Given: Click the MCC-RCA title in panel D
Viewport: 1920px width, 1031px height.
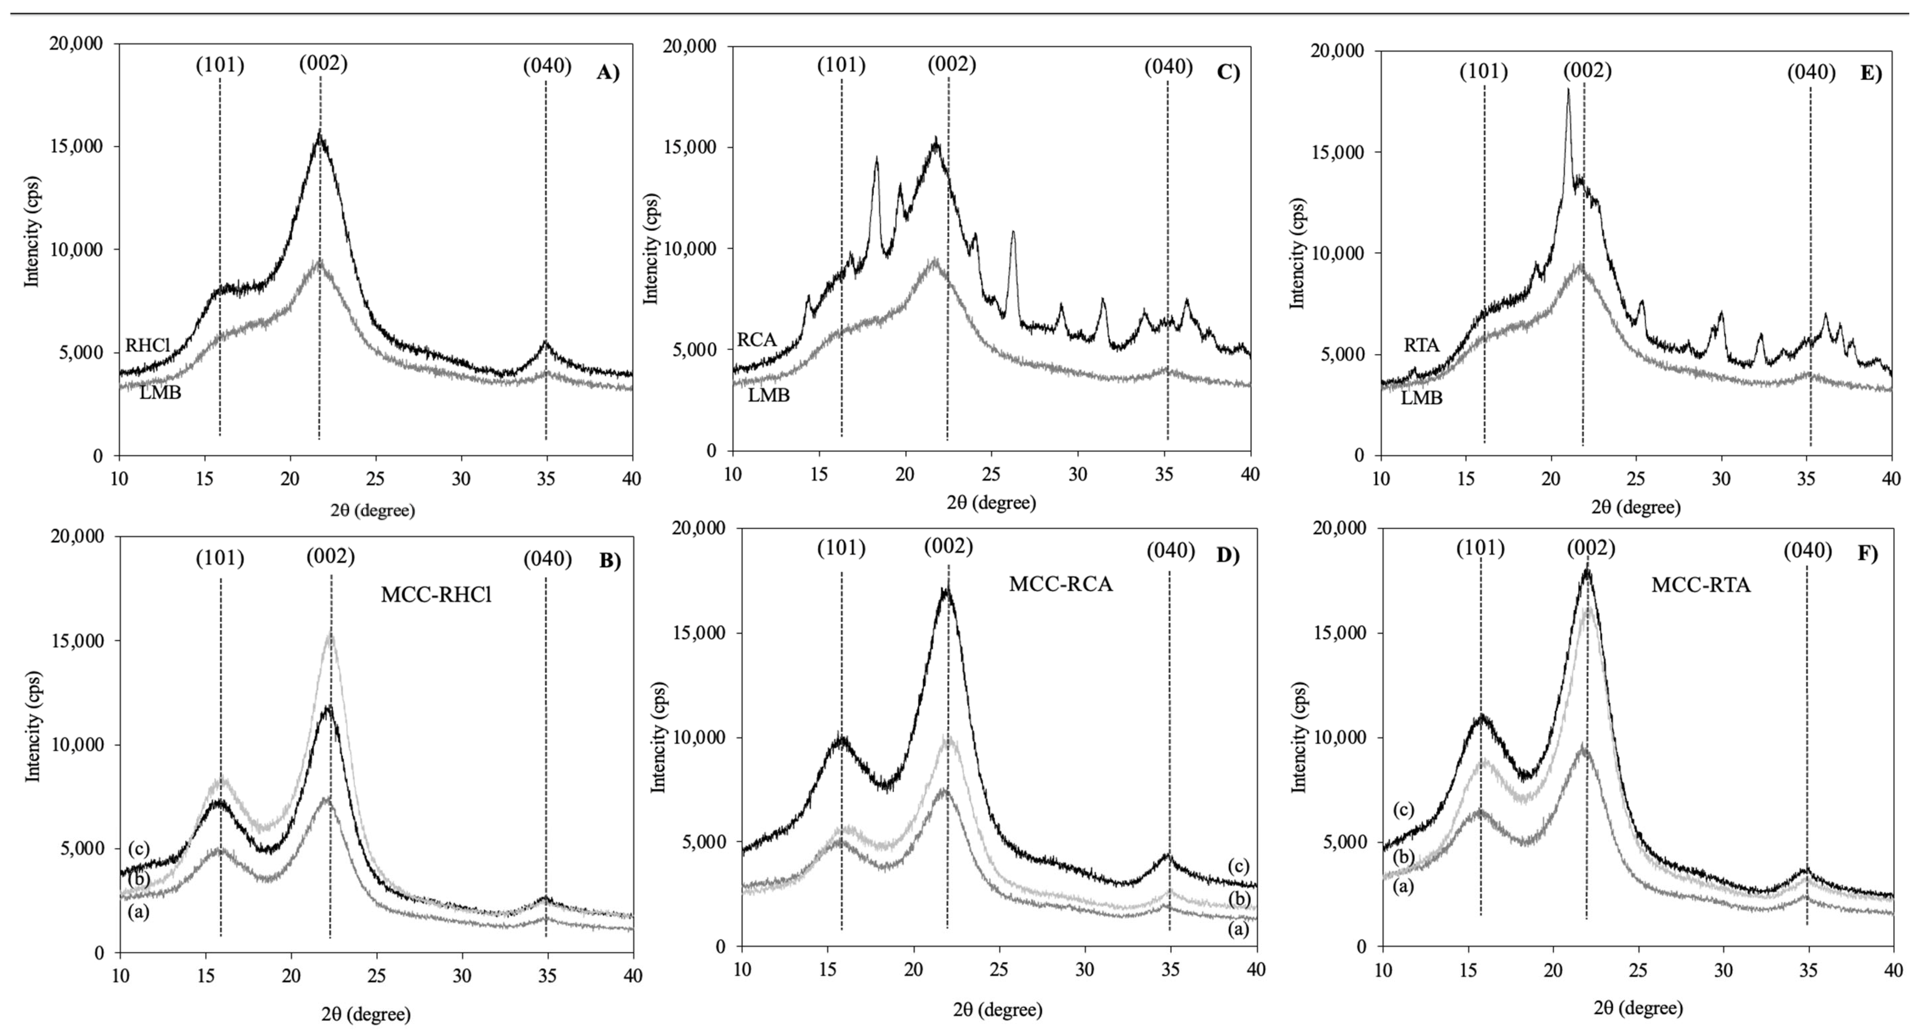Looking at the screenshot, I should (x=1061, y=584).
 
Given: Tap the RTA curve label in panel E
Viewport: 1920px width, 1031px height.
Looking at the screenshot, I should (x=1421, y=345).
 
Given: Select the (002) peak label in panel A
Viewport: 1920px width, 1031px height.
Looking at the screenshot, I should (x=324, y=64).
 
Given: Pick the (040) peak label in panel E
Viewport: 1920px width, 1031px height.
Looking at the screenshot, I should (x=1811, y=72).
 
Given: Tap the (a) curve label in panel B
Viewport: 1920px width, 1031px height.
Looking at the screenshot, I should (x=139, y=912).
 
